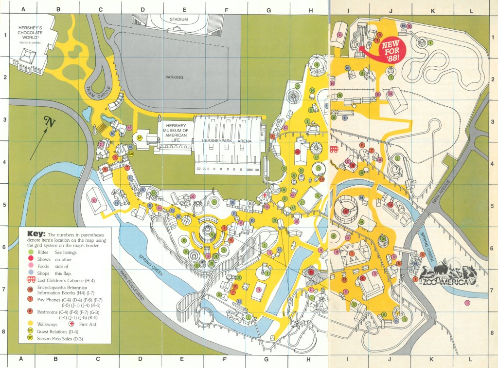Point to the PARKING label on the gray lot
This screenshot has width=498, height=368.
(x=174, y=77)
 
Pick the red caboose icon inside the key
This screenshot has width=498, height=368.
(x=30, y=280)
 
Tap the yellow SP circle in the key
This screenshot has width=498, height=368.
(x=30, y=338)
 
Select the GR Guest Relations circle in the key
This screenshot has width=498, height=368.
(x=30, y=330)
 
